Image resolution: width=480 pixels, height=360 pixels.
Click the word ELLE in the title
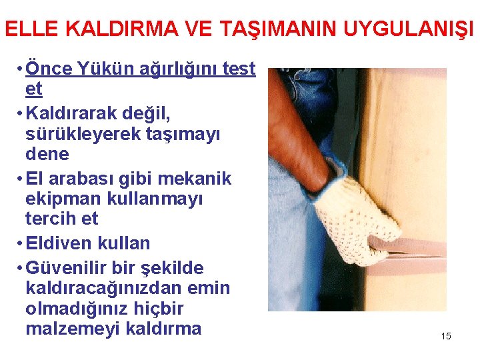pos(27,29)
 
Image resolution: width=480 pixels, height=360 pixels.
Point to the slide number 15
pos(446,336)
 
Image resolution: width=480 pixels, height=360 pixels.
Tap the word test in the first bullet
pos(238,68)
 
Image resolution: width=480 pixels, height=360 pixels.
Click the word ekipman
pos(60,199)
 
